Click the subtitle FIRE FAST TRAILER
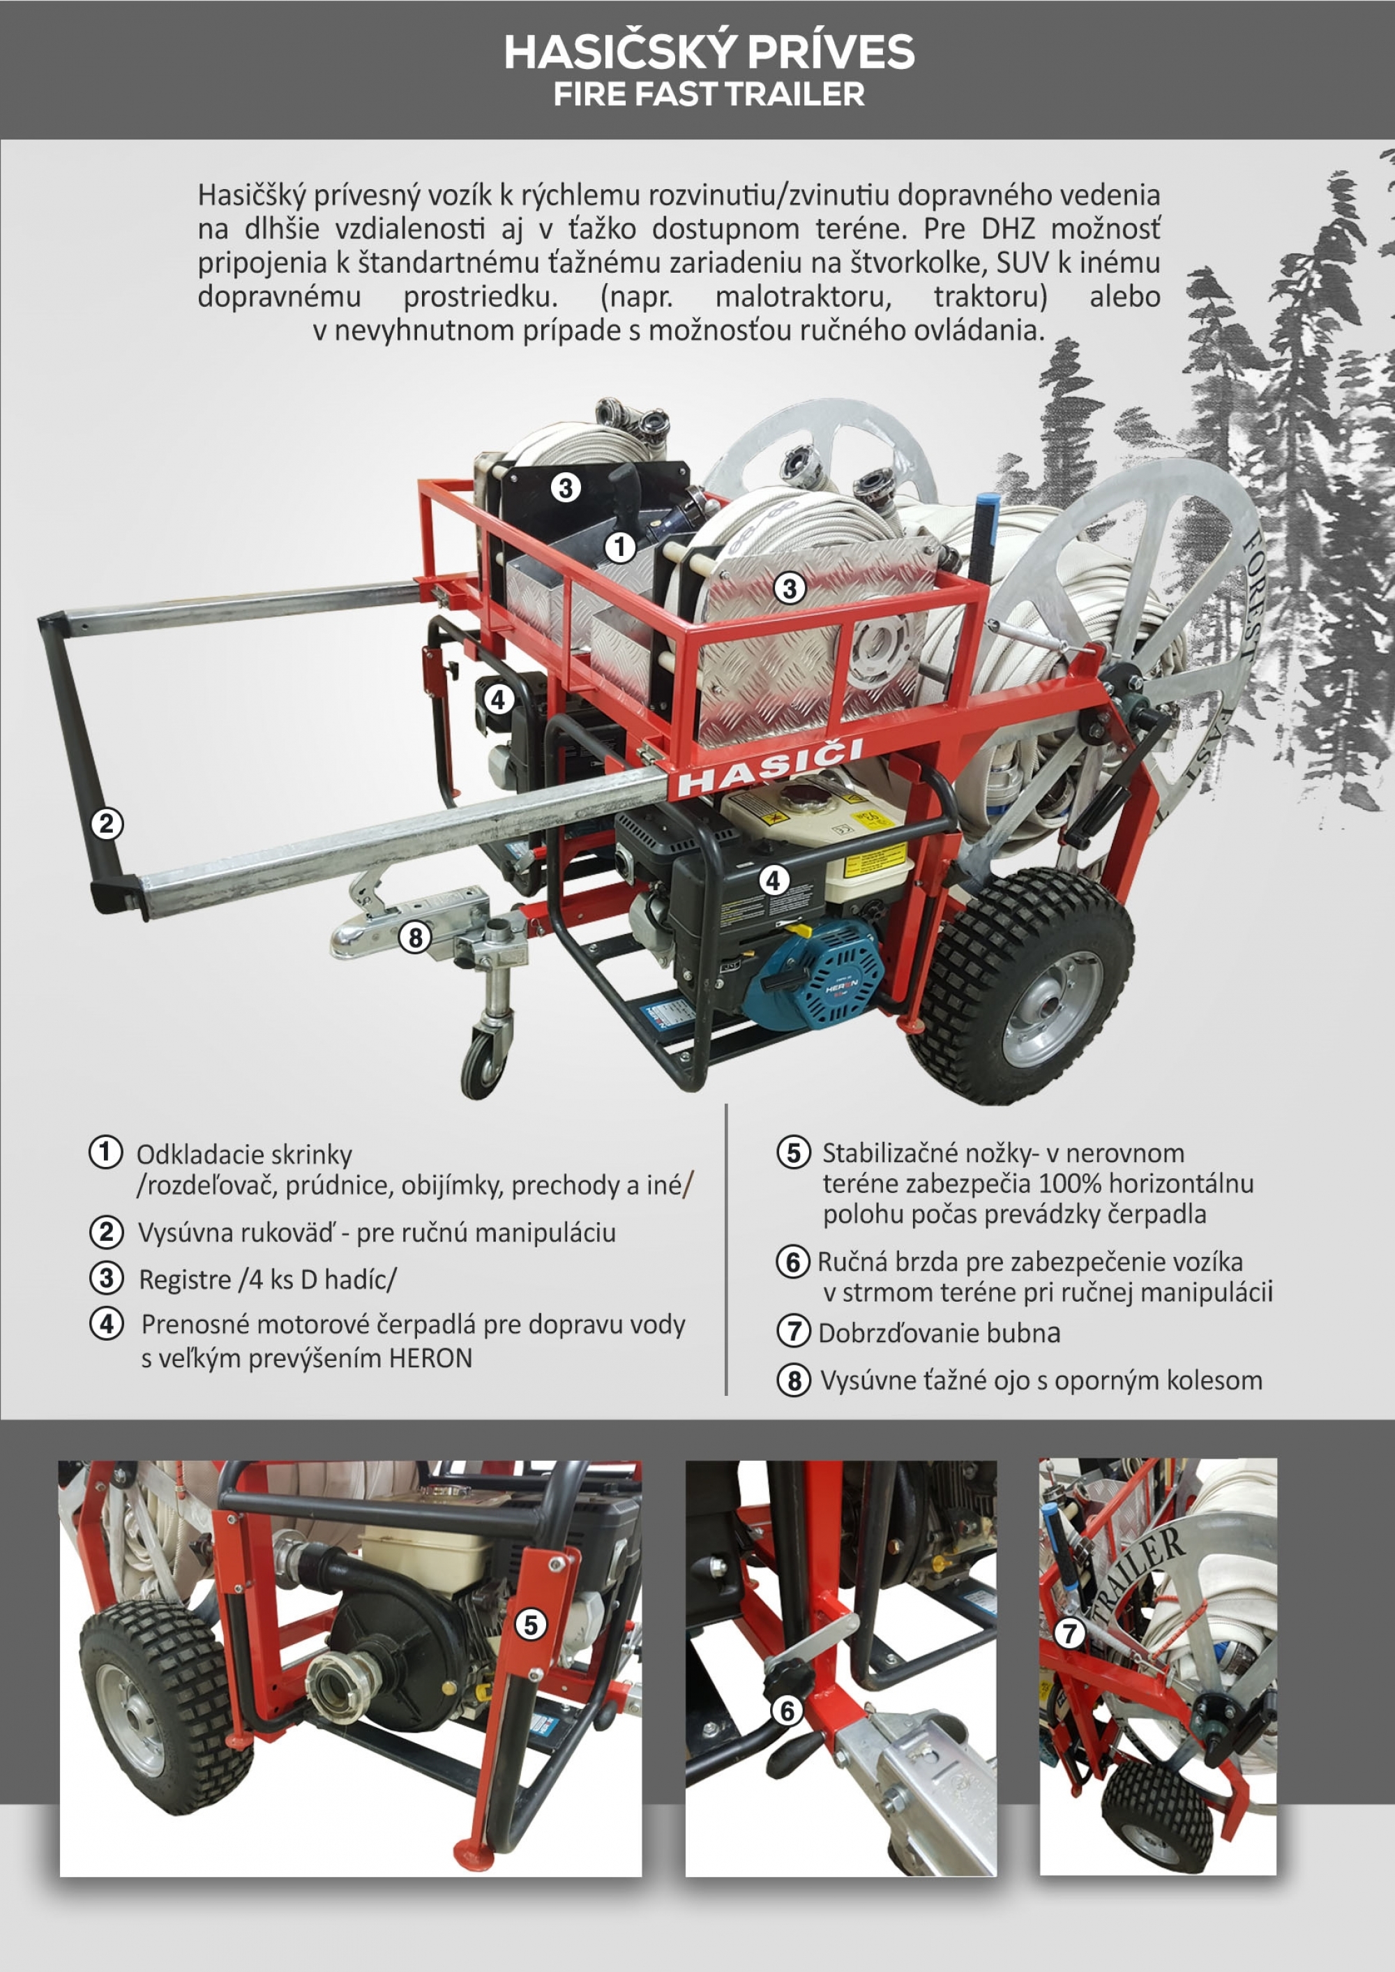709,93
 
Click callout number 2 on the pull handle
107,824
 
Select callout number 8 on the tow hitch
416,936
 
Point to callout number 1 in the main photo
619,546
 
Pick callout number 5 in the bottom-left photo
531,1624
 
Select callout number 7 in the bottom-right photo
1069,1632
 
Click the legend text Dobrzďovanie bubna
939,1333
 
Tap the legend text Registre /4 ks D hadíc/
268,1279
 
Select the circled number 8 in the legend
794,1380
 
